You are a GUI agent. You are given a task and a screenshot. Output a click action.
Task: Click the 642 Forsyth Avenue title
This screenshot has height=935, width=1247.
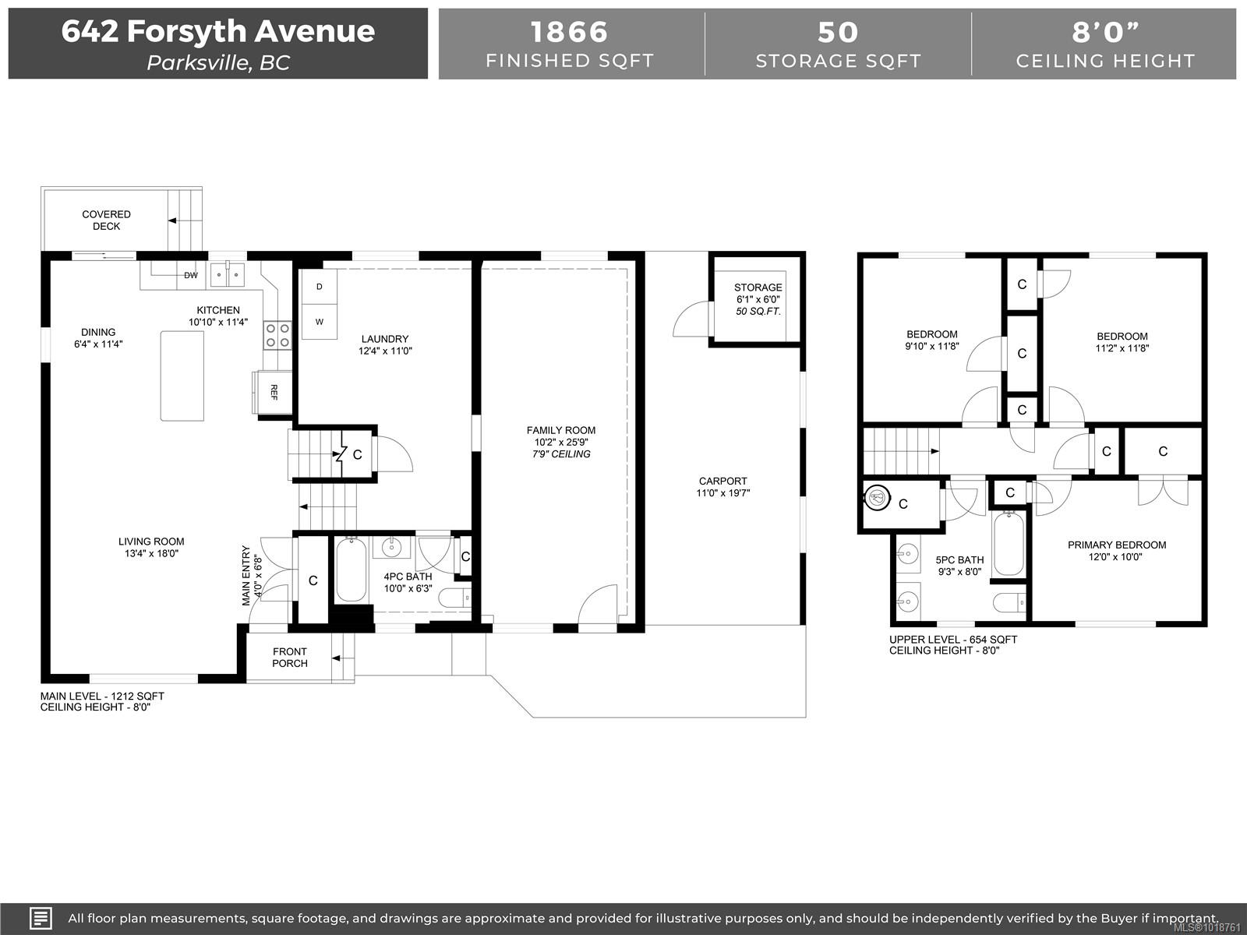[x=218, y=30]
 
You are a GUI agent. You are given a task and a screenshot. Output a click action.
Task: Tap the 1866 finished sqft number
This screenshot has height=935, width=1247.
[x=569, y=32]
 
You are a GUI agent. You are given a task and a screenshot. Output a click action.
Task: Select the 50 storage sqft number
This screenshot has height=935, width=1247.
[x=838, y=33]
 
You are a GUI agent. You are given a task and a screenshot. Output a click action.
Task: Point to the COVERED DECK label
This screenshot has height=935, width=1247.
[x=106, y=221]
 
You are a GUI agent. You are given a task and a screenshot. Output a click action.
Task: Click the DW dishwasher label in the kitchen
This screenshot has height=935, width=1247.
[x=191, y=275]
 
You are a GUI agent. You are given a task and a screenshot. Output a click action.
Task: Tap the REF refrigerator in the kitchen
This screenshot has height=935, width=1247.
[x=274, y=392]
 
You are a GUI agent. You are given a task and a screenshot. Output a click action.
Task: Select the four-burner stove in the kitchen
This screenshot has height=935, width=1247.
[x=277, y=335]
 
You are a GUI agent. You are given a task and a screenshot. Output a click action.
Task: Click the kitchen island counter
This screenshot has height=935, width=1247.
[x=182, y=376]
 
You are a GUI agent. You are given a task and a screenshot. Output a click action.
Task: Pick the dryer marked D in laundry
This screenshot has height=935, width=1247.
[x=320, y=287]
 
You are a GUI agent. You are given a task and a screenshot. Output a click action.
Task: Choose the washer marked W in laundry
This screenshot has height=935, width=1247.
[x=320, y=322]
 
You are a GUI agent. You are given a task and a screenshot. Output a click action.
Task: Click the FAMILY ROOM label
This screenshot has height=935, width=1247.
[x=560, y=430]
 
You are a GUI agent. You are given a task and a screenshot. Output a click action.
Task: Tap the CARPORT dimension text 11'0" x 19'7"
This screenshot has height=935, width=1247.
[x=723, y=492]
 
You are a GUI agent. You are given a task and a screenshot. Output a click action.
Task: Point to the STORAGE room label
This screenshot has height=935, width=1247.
[x=758, y=288]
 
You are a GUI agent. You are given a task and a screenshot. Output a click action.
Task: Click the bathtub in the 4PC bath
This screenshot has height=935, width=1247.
[x=351, y=570]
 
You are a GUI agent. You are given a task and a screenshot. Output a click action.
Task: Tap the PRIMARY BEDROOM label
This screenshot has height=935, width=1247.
[x=1117, y=545]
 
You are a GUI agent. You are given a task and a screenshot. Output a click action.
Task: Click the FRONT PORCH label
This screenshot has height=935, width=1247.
[x=290, y=658]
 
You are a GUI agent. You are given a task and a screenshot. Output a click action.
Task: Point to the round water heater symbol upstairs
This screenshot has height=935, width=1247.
[x=877, y=498]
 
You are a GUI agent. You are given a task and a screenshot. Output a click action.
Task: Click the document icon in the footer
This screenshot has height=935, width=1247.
[x=41, y=918]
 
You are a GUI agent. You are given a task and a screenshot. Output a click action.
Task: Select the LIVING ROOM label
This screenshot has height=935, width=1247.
[x=151, y=542]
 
